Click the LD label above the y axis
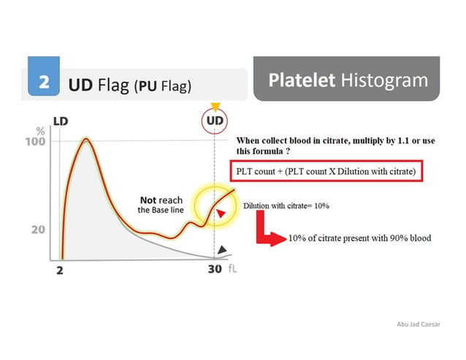[x=61, y=120]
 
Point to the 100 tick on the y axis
[x=36, y=141]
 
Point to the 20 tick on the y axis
[x=38, y=229]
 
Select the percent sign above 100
[x=41, y=131]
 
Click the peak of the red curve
[x=86, y=139]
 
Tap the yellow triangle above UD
[x=215, y=106]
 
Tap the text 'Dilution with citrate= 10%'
[x=286, y=206]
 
